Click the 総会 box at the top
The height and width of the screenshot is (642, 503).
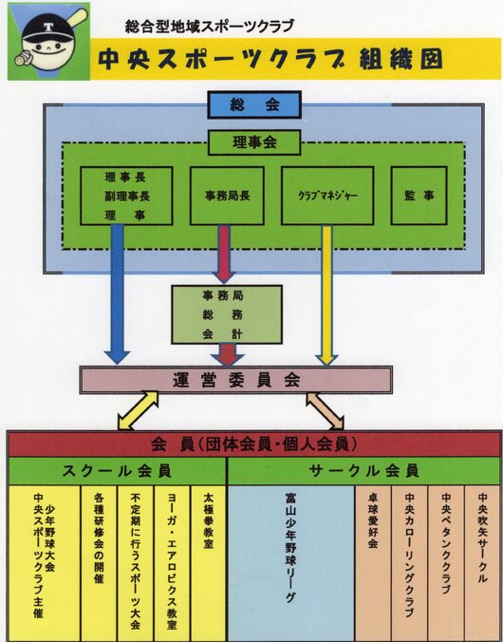[254, 104]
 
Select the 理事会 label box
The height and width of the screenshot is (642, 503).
[254, 142]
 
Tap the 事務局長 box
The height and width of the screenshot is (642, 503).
[227, 196]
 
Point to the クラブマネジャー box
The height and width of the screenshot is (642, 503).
[327, 196]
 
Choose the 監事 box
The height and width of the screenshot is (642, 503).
[419, 196]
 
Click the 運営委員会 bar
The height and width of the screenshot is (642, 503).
[235, 380]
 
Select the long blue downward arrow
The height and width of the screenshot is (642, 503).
[117, 294]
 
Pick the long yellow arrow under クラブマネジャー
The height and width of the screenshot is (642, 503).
[326, 294]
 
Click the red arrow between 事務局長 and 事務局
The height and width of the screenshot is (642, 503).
[224, 254]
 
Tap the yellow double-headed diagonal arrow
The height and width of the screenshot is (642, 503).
[138, 410]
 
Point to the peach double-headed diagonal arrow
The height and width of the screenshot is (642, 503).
[326, 411]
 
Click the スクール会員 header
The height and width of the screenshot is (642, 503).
[117, 471]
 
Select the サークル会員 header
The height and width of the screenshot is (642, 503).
[364, 471]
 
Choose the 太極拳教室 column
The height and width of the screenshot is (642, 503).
[209, 563]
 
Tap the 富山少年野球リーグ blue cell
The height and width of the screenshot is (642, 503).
[290, 563]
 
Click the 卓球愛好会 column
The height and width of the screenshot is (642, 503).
[373, 563]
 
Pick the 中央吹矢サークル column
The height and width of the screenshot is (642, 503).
[483, 563]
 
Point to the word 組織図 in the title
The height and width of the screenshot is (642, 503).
[401, 60]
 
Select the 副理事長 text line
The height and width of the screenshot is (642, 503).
[126, 197]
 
